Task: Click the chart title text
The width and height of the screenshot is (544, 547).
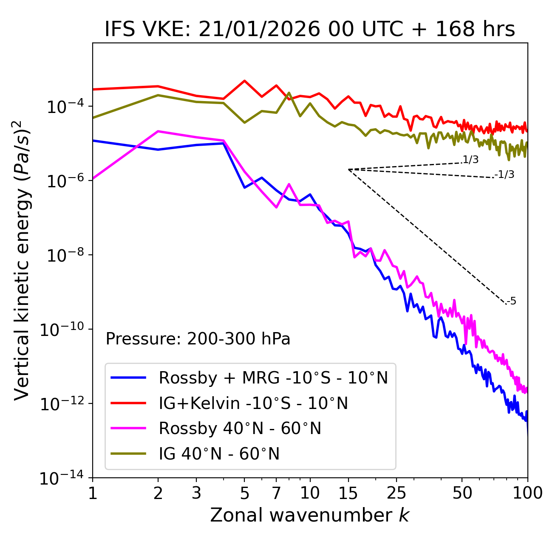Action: tap(310, 30)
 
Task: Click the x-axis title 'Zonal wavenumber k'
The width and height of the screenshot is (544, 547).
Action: tap(310, 515)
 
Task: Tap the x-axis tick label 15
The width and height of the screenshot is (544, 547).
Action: tap(348, 493)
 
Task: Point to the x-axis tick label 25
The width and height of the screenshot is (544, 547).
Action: tap(396, 493)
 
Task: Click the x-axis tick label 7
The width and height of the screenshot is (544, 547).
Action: tap(276, 493)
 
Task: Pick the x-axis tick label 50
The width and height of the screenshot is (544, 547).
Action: tap(462, 493)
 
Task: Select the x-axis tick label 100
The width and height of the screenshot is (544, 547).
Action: tap(527, 493)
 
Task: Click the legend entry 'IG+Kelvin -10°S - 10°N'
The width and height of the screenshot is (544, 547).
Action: tap(253, 403)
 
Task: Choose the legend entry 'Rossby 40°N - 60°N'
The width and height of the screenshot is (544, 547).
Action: tap(240, 429)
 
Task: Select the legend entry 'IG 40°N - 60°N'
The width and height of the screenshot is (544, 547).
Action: tap(219, 454)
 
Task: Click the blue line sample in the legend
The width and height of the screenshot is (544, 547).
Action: tap(128, 378)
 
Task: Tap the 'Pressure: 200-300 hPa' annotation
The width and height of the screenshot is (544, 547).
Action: tap(198, 339)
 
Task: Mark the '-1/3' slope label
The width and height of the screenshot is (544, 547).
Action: tap(505, 175)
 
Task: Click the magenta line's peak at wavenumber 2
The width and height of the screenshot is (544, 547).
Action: tap(158, 131)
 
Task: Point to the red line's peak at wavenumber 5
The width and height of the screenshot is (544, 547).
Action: tap(244, 81)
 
